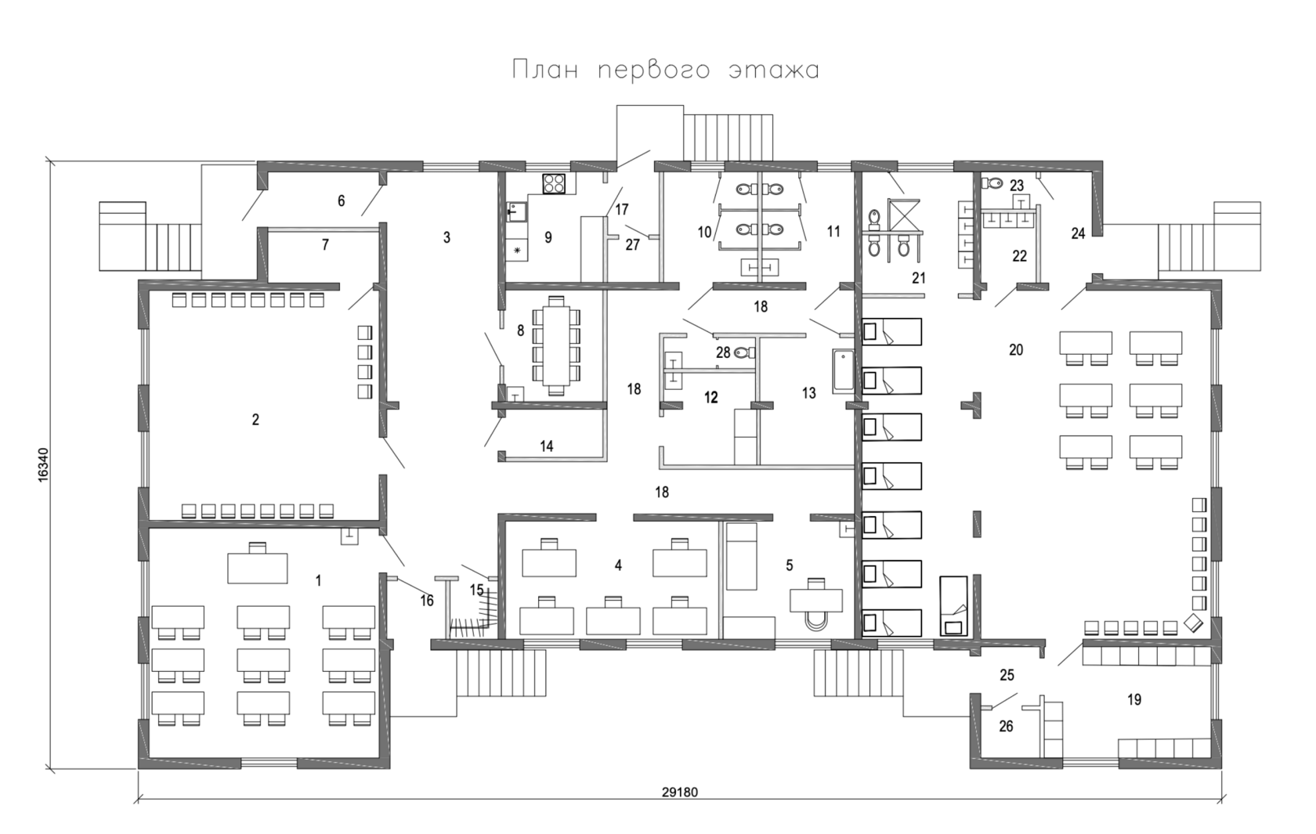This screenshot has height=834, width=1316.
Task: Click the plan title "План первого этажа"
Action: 666,70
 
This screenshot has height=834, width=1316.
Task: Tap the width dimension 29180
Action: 679,792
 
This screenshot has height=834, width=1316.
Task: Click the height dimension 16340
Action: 45,468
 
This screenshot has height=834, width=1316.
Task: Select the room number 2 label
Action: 255,420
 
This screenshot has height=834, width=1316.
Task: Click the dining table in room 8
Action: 556,345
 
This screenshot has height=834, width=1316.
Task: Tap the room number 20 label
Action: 1016,350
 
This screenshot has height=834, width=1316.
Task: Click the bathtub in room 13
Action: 843,371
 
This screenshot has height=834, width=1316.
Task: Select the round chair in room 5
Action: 817,619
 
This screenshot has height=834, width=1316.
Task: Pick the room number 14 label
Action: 547,446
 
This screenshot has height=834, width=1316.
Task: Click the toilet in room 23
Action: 995,182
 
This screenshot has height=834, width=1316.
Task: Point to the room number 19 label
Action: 1134,700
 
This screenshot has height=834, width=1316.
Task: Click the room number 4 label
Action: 618,565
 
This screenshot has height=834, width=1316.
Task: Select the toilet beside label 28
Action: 743,353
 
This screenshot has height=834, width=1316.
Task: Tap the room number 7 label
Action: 325,245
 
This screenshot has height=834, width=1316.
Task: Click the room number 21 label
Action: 919,278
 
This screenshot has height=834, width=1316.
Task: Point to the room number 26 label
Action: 1007,727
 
